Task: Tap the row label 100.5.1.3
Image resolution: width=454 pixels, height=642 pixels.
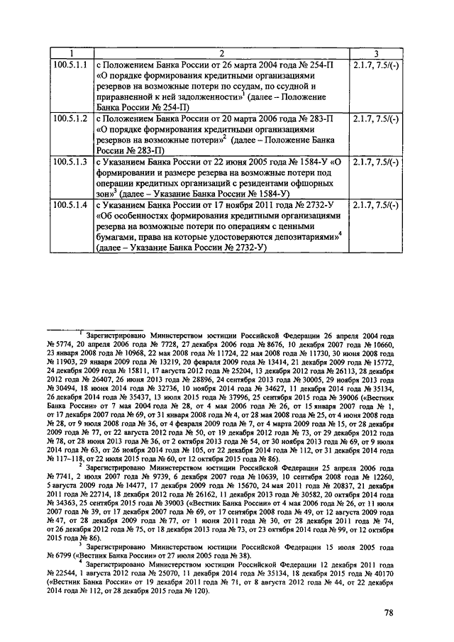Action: point(70,162)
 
